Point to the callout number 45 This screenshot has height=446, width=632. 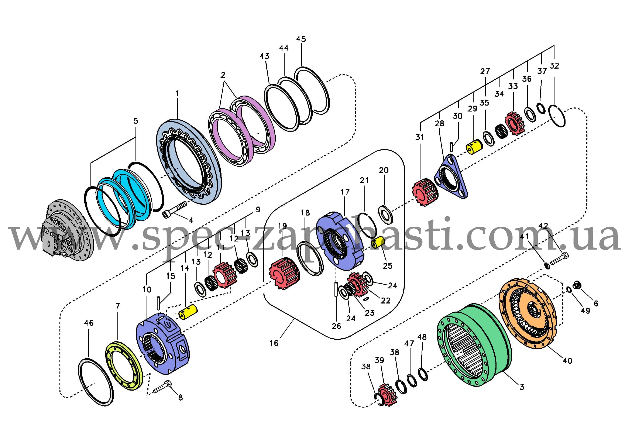(x=301, y=39)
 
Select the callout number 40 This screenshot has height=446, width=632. (x=567, y=361)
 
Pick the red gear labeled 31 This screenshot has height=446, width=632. (x=425, y=192)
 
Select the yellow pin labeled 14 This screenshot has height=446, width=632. (x=188, y=312)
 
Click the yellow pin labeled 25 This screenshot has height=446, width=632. (x=378, y=243)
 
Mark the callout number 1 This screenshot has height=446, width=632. (x=177, y=94)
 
